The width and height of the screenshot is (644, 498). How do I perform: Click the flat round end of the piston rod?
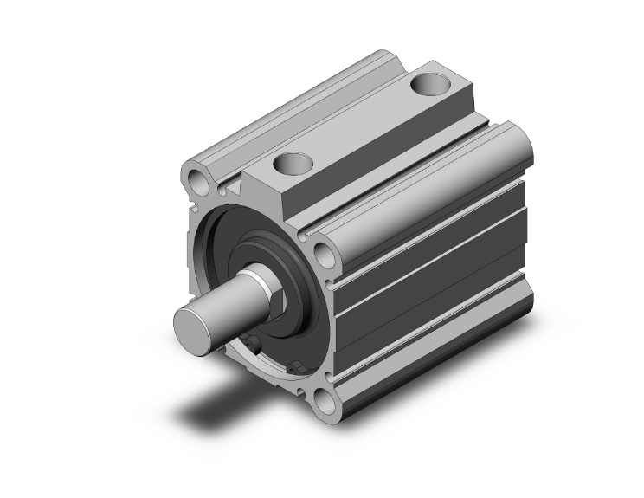coord(192,328)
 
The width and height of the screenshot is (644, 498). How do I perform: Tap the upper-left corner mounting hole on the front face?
coord(197,179)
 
